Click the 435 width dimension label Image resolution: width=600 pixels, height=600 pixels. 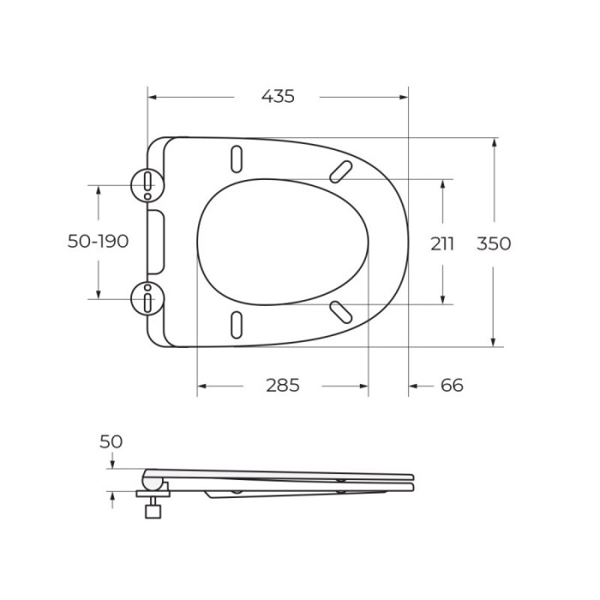(x=277, y=97)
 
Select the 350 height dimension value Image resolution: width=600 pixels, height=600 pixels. (x=494, y=243)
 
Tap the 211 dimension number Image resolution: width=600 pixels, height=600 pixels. (x=442, y=243)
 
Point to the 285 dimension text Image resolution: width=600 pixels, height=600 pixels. (x=282, y=386)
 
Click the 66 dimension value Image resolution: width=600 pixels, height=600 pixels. (x=452, y=386)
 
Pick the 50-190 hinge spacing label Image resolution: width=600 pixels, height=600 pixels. (x=98, y=242)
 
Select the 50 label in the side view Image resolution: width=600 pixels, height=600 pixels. (x=111, y=441)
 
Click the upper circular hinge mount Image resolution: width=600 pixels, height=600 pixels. (x=148, y=183)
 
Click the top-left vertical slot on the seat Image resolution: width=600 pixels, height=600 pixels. (x=236, y=159)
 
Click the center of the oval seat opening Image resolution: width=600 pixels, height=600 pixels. (x=283, y=242)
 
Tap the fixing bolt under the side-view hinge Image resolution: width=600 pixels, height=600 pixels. (x=153, y=510)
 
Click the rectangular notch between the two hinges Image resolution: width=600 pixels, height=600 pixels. (x=156, y=241)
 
